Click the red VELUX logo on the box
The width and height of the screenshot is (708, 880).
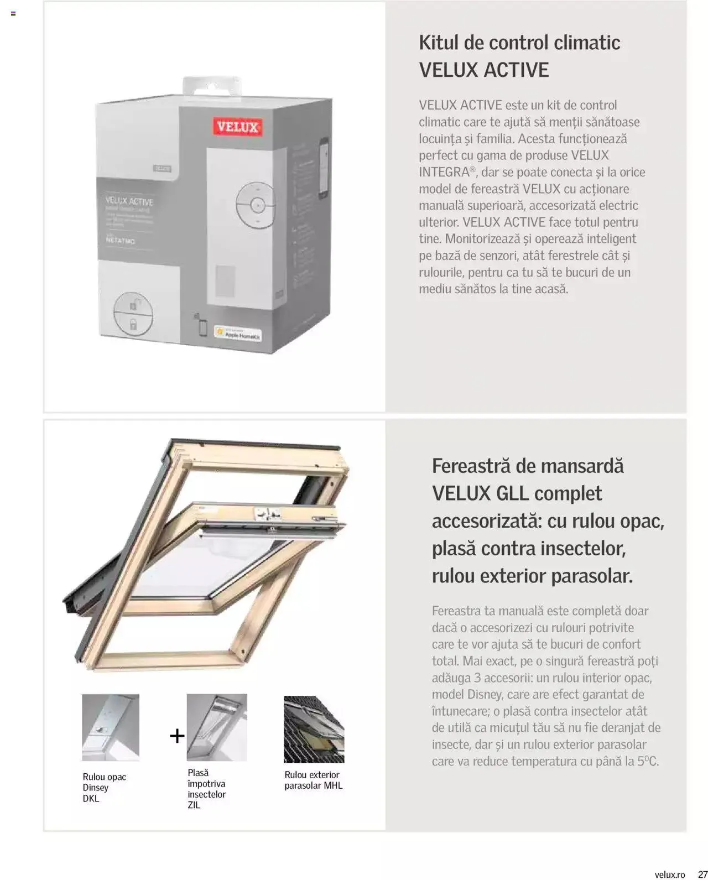click(x=237, y=127)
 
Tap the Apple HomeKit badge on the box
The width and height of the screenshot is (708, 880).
click(x=238, y=334)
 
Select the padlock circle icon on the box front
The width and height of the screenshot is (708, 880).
click(x=133, y=314)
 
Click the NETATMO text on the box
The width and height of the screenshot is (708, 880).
click(x=120, y=241)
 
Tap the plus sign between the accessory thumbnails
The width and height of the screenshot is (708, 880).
click(x=177, y=736)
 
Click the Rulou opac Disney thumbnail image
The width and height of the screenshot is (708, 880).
click(x=111, y=727)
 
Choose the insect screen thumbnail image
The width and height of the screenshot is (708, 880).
click(x=217, y=727)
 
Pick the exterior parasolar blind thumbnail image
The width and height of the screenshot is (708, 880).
click(x=314, y=729)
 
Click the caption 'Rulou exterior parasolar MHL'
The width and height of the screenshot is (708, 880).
click(x=313, y=780)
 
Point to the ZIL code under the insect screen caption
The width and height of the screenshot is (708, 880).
click(x=194, y=805)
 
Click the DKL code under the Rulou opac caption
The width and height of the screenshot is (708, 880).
click(x=91, y=798)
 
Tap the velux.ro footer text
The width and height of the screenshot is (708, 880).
click(x=670, y=874)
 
